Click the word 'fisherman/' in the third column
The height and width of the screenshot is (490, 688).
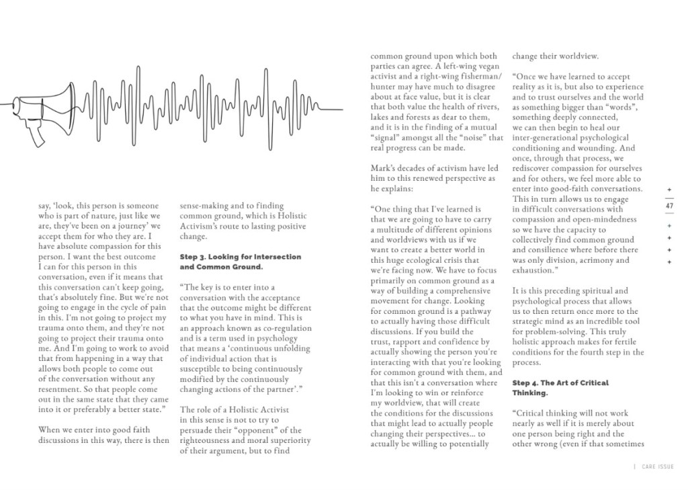click(x=473, y=77)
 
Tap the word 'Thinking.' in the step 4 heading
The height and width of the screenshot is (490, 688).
click(x=531, y=393)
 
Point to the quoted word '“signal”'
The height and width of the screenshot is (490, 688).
click(x=389, y=138)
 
